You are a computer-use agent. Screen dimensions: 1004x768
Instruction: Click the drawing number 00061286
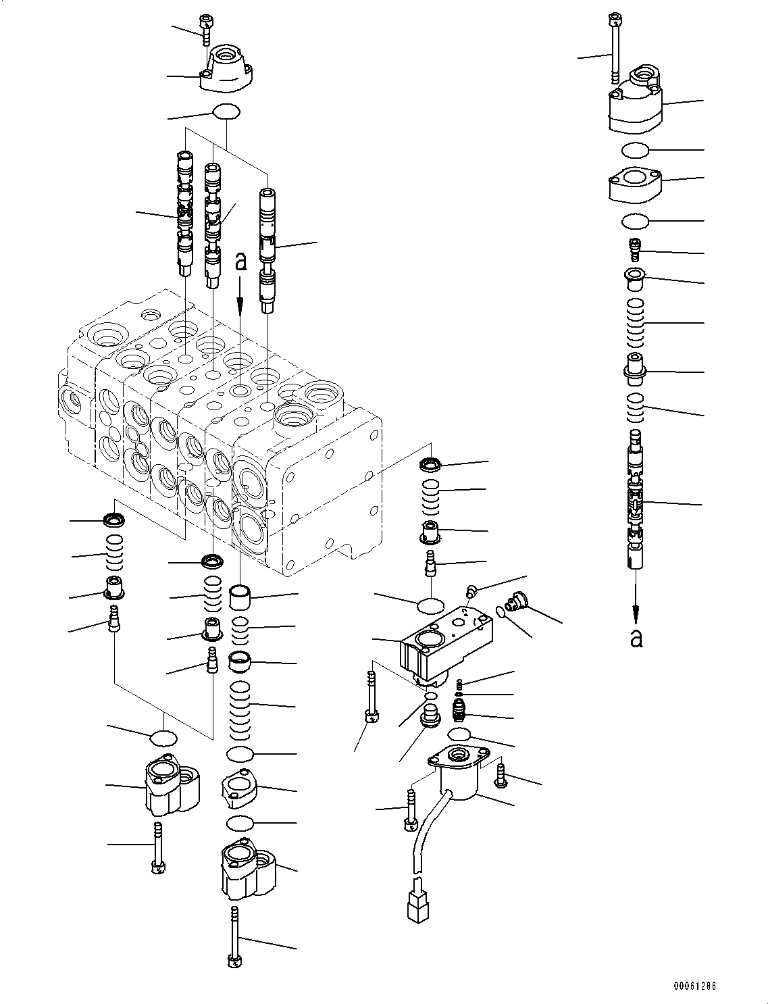(693, 986)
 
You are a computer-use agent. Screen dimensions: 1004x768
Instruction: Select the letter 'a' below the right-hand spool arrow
(636, 637)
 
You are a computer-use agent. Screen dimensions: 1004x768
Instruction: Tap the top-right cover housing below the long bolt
(636, 101)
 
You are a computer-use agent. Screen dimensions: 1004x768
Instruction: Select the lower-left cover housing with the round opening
(173, 786)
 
